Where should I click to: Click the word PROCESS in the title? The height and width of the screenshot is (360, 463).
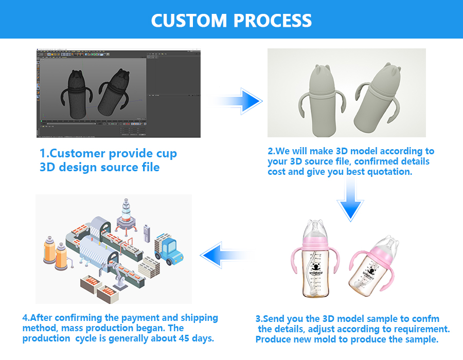pyautogui.click(x=273, y=21)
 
